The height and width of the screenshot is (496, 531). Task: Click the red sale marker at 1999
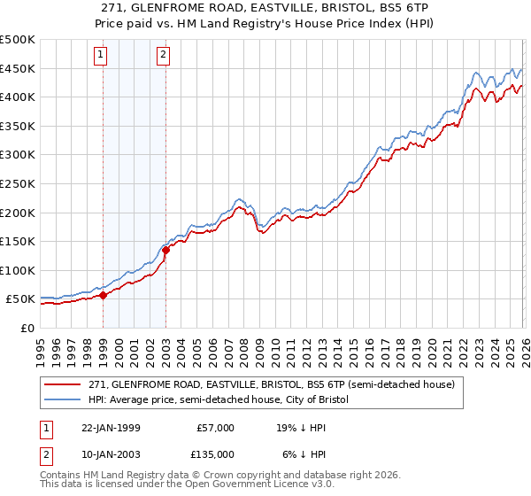tap(103, 295)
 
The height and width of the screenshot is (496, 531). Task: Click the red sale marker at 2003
tap(165, 250)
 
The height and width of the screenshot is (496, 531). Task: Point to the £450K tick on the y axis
tap(18, 69)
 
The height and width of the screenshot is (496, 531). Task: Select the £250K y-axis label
tap(18, 184)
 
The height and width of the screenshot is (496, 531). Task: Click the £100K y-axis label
tap(18, 270)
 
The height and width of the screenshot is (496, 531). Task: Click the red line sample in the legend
tap(63, 384)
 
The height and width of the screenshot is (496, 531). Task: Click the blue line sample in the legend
tap(63, 399)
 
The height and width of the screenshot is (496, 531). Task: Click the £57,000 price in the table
tap(215, 428)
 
